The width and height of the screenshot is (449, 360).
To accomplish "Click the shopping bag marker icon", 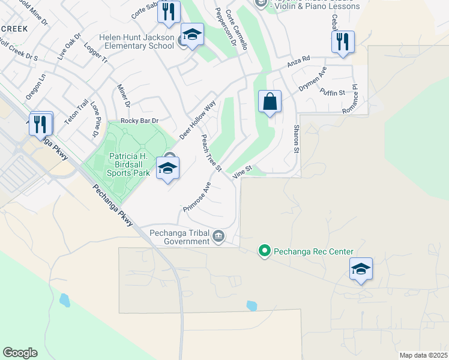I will tap(270, 101).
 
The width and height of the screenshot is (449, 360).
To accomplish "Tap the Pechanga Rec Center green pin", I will tap(264, 251).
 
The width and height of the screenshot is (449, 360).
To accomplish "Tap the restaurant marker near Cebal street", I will tap(343, 42).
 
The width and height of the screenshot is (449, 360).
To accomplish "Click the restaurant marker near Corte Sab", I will tap(169, 11).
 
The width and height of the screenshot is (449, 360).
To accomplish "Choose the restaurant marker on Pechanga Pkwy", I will tap(41, 124).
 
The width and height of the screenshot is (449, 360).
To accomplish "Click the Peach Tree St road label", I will tap(211, 152).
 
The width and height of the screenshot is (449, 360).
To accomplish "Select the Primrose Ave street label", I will tap(197, 196).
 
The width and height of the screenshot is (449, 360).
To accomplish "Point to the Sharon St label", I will tap(296, 139).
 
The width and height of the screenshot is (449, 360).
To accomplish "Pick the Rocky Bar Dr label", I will tap(139, 121).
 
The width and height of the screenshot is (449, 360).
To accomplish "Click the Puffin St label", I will tap(333, 92).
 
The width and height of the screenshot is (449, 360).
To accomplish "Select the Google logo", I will tap(20, 353).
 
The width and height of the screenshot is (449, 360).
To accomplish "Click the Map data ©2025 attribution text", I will tap(423, 355).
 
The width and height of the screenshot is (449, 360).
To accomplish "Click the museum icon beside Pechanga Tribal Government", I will tap(218, 236).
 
